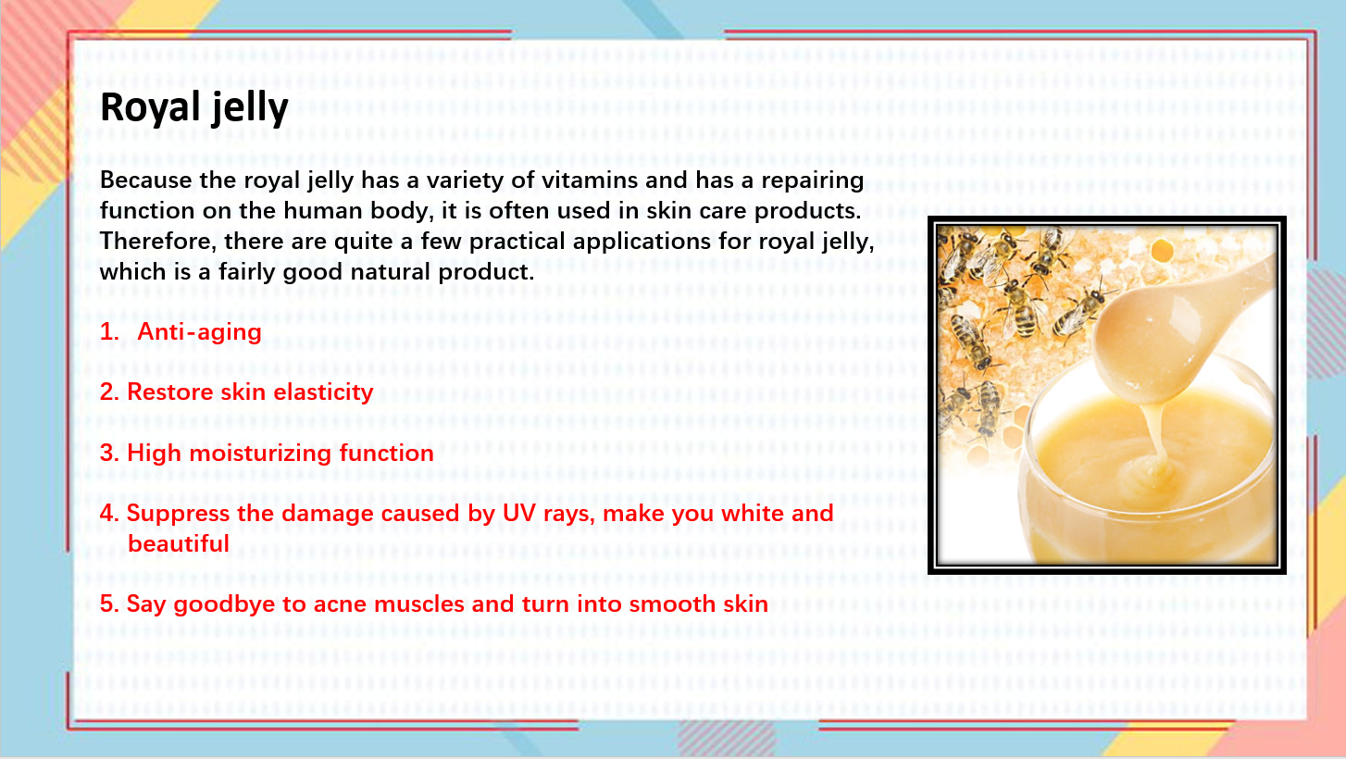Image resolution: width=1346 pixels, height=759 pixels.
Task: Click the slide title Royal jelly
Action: click(x=194, y=108)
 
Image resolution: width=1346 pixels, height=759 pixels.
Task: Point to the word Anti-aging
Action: click(x=200, y=332)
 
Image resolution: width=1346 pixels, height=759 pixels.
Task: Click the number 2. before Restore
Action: click(x=109, y=392)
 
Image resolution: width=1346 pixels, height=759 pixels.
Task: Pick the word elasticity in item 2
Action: click(x=323, y=392)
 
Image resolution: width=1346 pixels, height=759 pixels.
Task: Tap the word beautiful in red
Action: click(x=179, y=544)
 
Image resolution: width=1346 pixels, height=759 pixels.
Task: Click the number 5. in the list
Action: click(x=109, y=603)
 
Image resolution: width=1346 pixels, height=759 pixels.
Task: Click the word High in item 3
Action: click(x=154, y=454)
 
